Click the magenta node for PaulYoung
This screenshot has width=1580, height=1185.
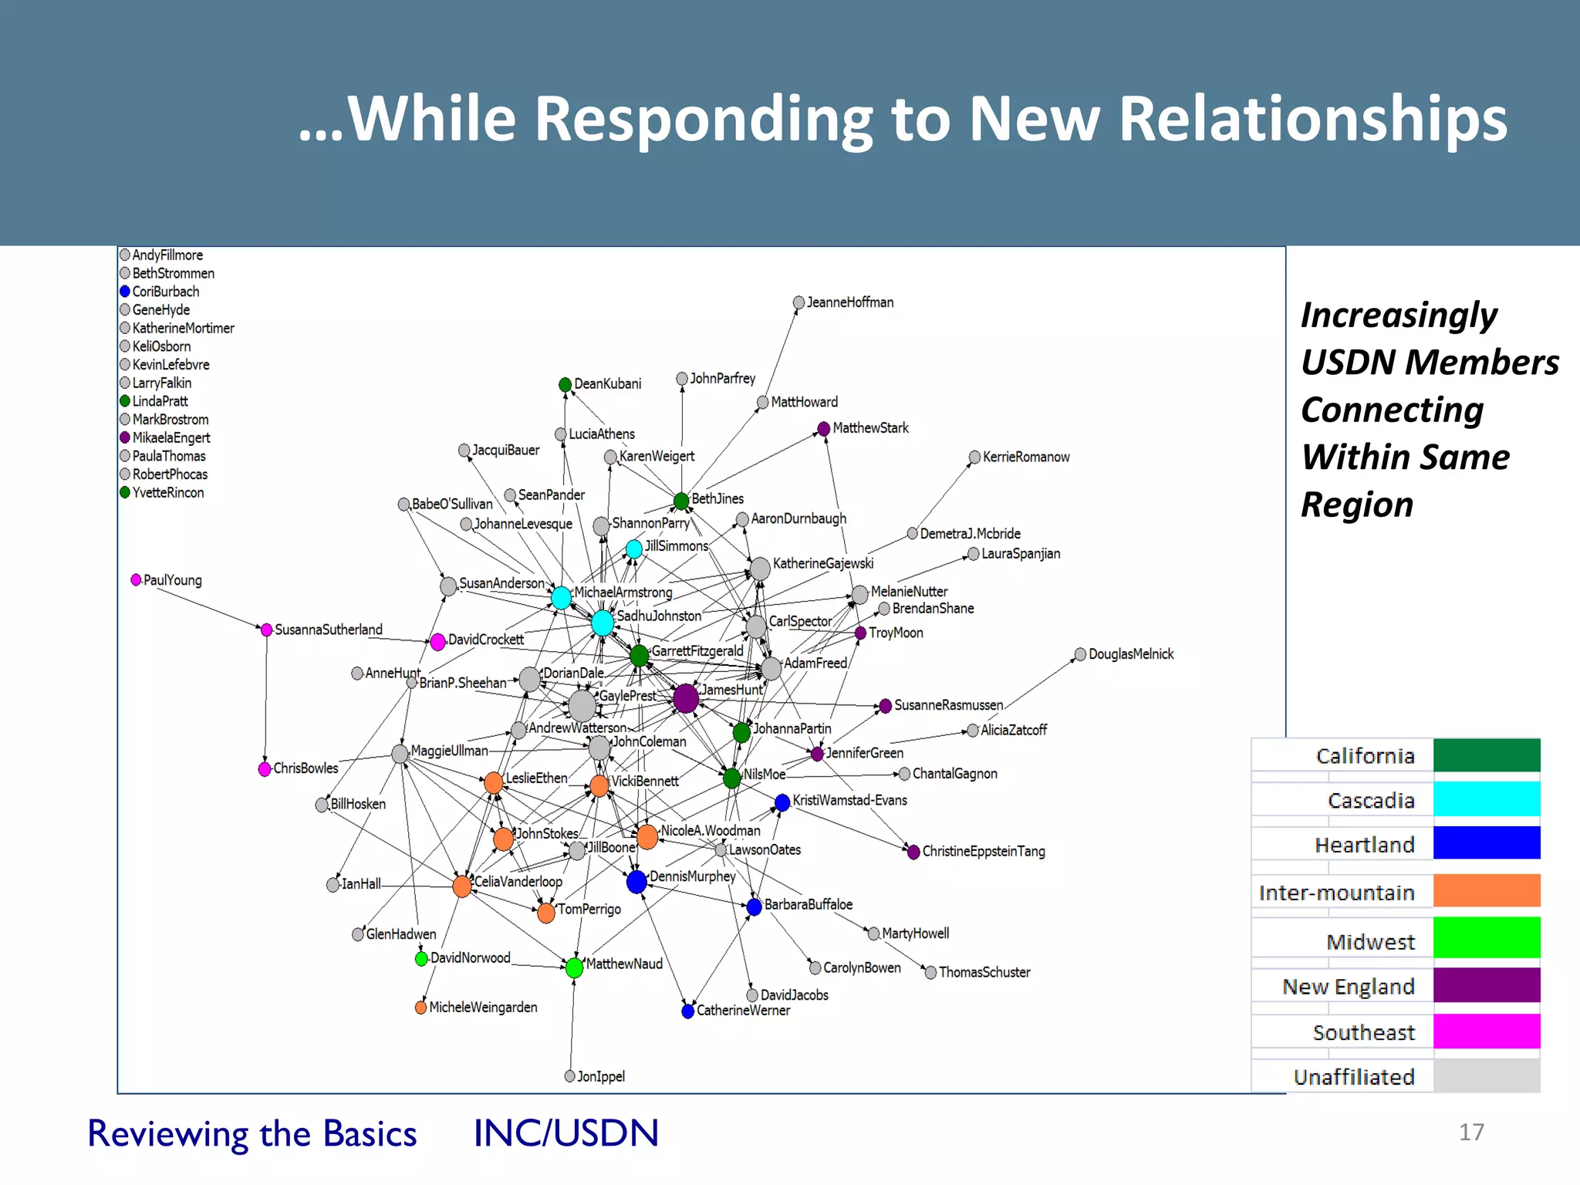[137, 579]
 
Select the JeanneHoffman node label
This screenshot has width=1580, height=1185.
[849, 302]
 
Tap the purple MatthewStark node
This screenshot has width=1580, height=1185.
[824, 428]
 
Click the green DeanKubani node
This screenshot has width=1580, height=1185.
[565, 384]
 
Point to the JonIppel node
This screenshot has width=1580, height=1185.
[570, 1076]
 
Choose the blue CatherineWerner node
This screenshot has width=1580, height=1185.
[688, 1011]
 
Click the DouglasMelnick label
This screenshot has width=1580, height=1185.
[1130, 654]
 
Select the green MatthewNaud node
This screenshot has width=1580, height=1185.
[574, 967]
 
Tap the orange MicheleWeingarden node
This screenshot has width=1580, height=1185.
[420, 1008]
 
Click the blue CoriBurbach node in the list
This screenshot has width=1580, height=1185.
[125, 292]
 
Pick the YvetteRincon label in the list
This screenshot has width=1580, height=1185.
[168, 493]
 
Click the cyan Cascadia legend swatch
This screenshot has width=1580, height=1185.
[1486, 799]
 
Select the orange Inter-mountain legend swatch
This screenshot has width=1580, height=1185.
[1486, 891]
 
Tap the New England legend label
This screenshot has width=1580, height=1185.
[1348, 987]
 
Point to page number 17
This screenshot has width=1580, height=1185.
[1471, 1132]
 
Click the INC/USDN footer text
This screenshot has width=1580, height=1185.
[566, 1133]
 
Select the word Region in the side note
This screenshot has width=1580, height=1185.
[1357, 505]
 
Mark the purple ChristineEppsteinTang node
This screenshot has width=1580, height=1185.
[913, 852]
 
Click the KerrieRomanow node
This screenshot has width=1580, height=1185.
[974, 457]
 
